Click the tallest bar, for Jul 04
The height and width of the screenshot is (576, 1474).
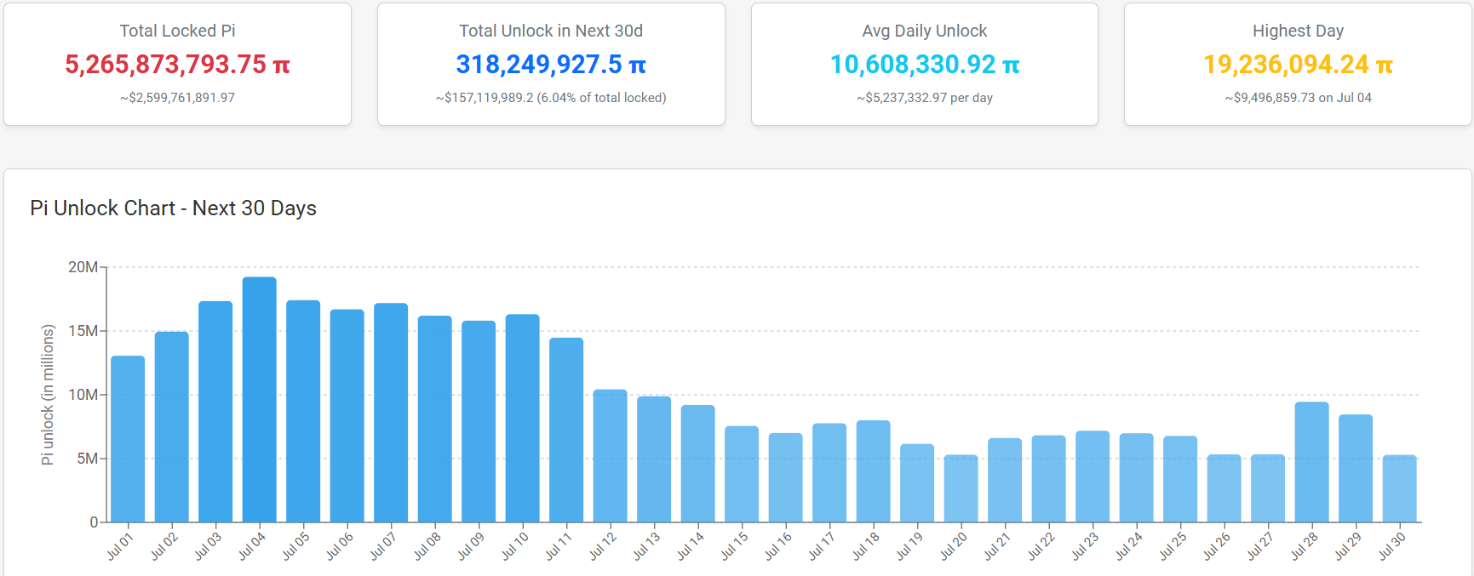click(x=260, y=399)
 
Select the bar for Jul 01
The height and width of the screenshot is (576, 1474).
click(x=128, y=439)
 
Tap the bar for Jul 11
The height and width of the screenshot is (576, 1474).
click(x=566, y=430)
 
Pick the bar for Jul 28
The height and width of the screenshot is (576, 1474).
click(x=1312, y=462)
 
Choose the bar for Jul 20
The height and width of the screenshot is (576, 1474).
click(x=961, y=488)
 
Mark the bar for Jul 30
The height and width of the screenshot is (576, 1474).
click(x=1400, y=488)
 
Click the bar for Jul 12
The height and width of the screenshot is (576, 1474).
click(x=611, y=455)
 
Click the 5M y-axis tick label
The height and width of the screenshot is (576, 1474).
click(x=87, y=459)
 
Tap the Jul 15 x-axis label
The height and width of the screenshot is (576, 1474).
click(x=734, y=545)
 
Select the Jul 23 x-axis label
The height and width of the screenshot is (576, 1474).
click(x=1085, y=545)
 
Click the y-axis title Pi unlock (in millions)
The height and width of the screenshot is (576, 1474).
click(x=48, y=395)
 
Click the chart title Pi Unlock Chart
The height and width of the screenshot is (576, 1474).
click(x=103, y=208)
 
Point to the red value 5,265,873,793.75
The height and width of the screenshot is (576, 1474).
click(x=166, y=65)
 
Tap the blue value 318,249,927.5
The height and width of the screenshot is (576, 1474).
click(x=539, y=65)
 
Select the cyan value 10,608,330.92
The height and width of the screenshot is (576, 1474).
click(x=913, y=65)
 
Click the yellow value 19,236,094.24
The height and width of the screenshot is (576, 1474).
click(x=1286, y=65)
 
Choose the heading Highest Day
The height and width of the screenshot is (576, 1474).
click(x=1298, y=31)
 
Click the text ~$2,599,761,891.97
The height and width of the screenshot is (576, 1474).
click(x=177, y=98)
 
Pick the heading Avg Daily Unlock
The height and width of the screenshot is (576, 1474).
click(x=925, y=31)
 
